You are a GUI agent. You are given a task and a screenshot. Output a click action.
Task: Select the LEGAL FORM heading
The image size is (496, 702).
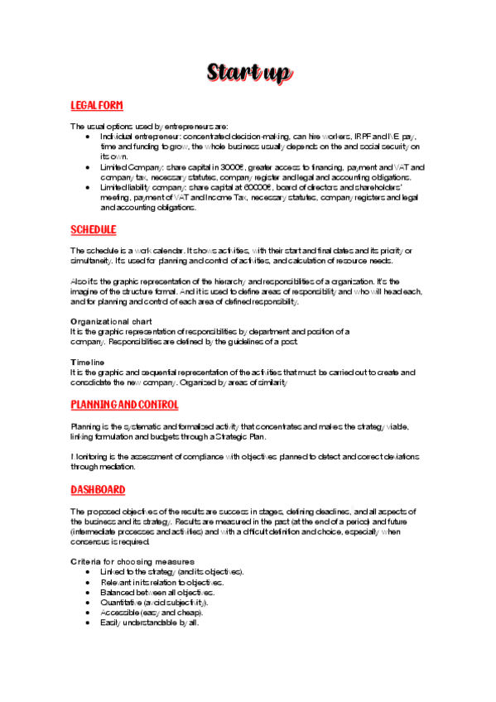tap(97, 105)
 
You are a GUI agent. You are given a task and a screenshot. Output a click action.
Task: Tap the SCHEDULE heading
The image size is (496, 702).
tap(94, 229)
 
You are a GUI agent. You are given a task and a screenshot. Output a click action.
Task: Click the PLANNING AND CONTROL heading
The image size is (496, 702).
tap(124, 405)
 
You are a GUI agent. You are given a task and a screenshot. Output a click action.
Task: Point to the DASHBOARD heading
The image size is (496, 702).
tap(99, 489)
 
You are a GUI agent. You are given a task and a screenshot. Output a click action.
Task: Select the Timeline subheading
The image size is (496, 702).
tap(88, 362)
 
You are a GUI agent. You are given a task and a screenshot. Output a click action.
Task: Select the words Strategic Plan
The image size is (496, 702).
tap(237, 436)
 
